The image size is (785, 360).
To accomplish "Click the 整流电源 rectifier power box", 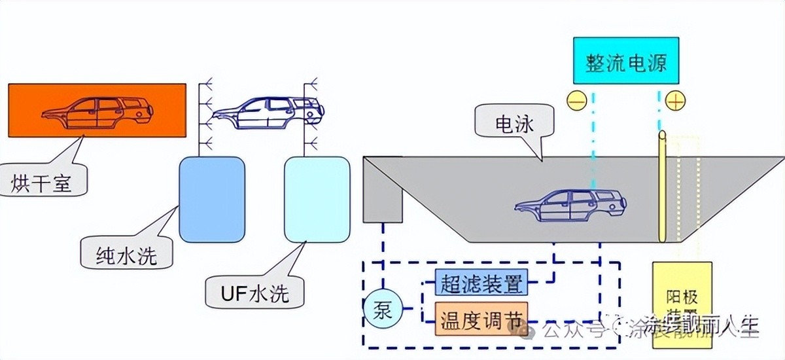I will pos(626,60).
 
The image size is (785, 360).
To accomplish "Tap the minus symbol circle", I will pos(576,101).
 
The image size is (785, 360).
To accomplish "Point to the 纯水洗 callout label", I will pos(126,253).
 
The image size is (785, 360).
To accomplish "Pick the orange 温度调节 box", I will pos(480,319).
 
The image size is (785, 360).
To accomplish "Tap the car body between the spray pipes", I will pos(268,113).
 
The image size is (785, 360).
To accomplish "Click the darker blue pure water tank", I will pos(211,200).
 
